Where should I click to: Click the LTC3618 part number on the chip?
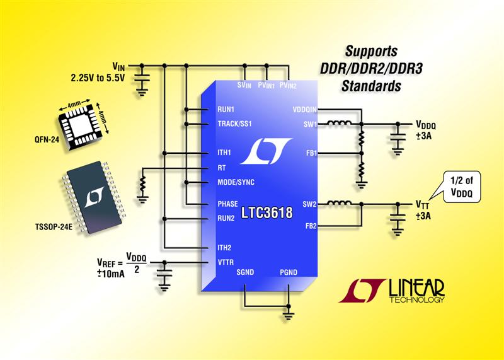click(266, 213)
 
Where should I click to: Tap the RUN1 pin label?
click(226, 109)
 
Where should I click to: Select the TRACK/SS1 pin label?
click(234, 124)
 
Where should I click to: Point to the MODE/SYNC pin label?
click(236, 182)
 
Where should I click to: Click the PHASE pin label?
click(227, 204)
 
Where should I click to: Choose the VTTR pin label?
click(226, 262)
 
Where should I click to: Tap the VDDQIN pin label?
click(305, 109)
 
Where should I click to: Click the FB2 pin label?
click(311, 226)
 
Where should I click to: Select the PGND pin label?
click(289, 272)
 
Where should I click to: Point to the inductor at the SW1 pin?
click(339, 122)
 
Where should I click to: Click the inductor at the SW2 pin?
click(339, 202)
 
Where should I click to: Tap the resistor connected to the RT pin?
click(143, 183)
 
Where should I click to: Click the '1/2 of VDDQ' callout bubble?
click(462, 187)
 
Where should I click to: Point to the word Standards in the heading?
click(371, 86)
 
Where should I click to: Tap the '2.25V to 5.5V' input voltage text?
click(98, 78)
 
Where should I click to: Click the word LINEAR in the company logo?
click(416, 288)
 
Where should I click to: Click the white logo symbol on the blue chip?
click(266, 151)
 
